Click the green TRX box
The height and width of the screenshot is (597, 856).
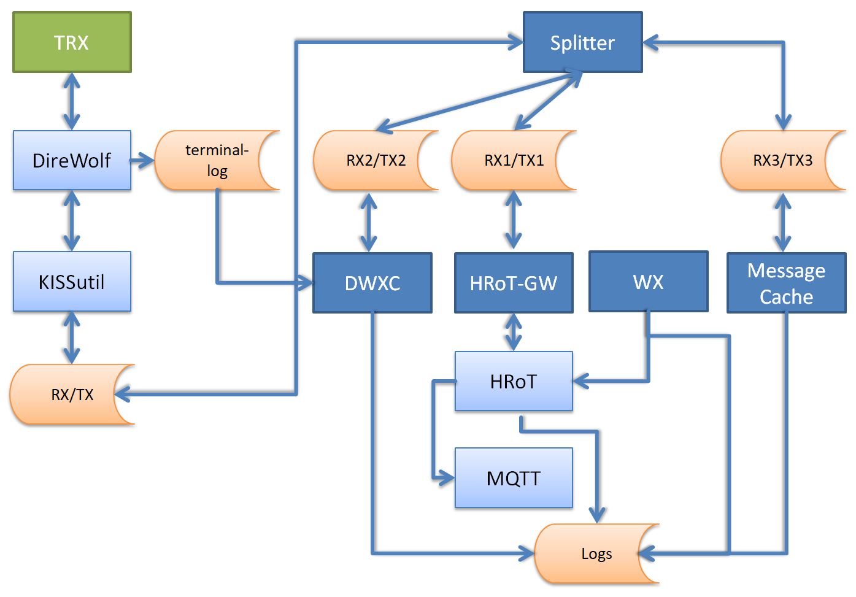pos(72,42)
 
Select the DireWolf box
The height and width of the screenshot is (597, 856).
pos(72,160)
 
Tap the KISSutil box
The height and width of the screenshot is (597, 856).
pos(72,282)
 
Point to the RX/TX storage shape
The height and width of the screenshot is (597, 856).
pos(72,395)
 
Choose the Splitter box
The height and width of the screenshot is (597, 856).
pos(582,42)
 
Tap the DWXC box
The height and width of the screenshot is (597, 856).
pos(372,283)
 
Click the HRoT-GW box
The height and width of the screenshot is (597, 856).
pos(514,283)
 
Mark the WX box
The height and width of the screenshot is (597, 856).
pos(648,282)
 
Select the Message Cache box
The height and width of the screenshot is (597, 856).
pos(786,283)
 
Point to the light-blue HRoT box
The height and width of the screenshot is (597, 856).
pos(514,381)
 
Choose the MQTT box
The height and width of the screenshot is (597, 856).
pos(514,478)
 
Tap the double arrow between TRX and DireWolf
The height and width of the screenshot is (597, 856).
pos(72,101)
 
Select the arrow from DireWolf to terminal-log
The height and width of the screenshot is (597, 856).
pos(142,161)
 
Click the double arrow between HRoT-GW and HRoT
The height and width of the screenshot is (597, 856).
pos(514,332)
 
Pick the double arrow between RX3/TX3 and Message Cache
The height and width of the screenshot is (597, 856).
pos(782,221)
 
